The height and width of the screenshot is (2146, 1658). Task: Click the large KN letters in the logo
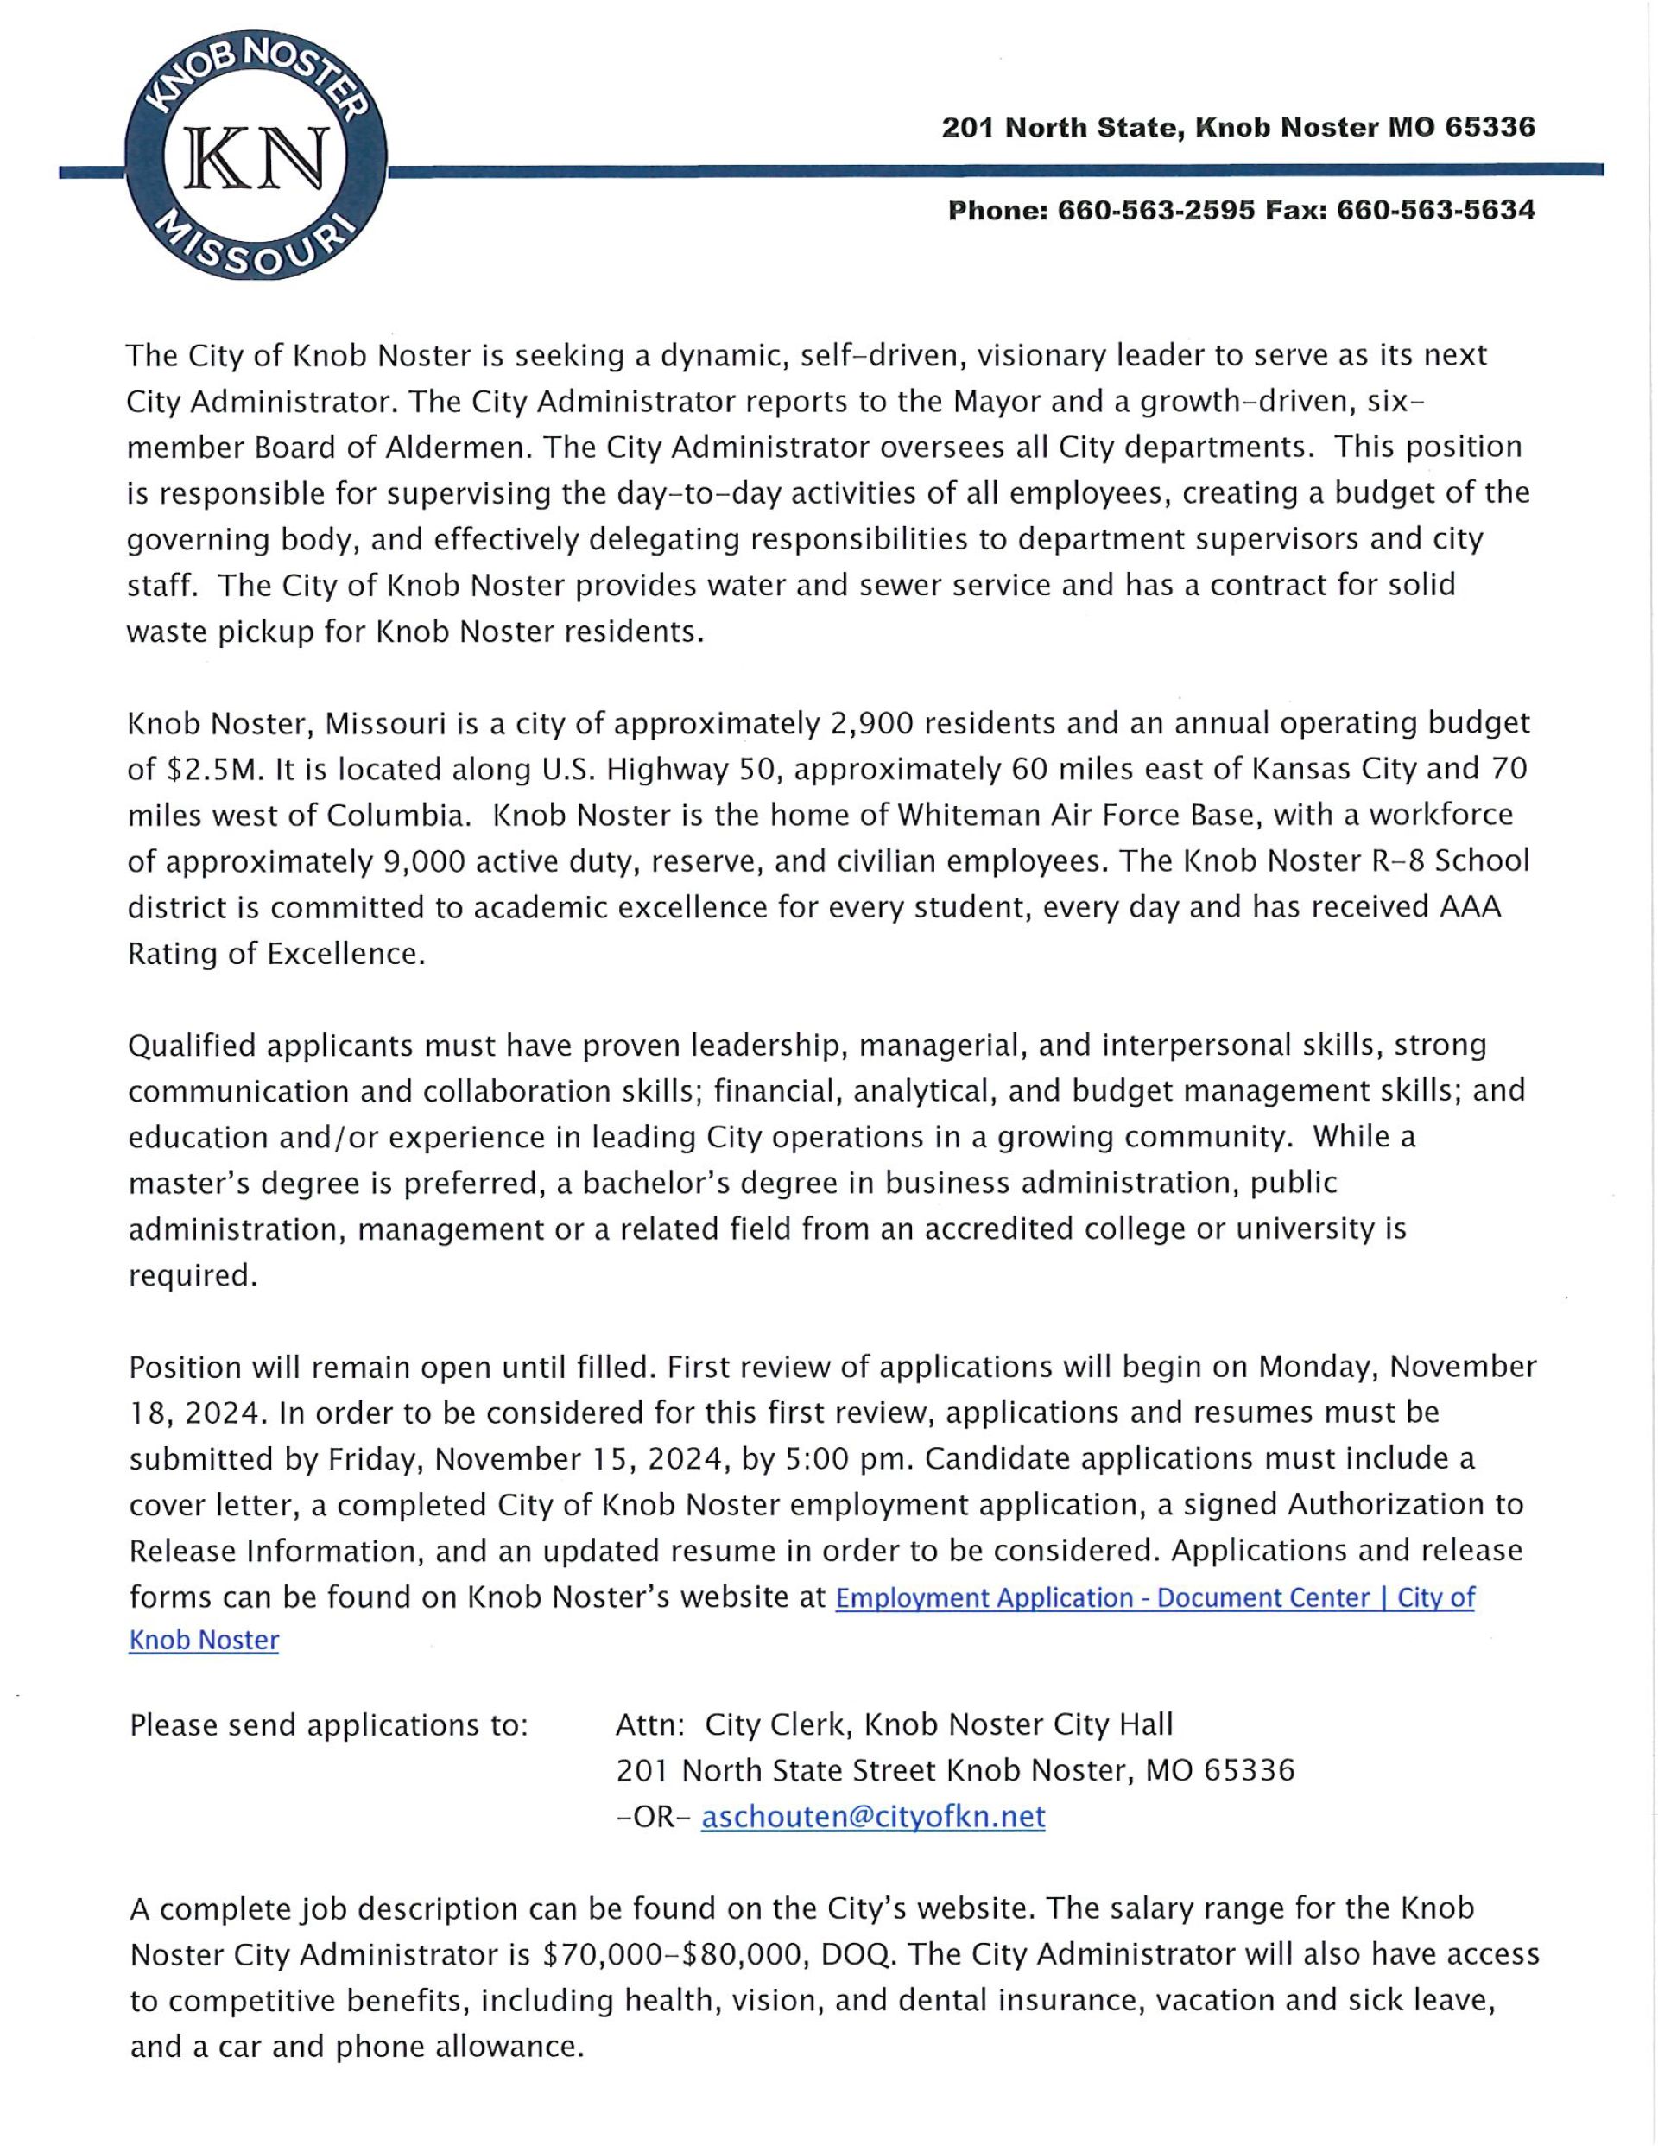(257, 159)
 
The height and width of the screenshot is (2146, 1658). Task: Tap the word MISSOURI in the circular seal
(257, 245)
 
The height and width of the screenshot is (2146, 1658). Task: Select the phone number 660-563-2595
(1155, 210)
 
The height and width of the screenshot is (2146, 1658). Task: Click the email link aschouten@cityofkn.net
(872, 1816)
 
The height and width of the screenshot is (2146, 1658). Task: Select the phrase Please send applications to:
(329, 1725)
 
